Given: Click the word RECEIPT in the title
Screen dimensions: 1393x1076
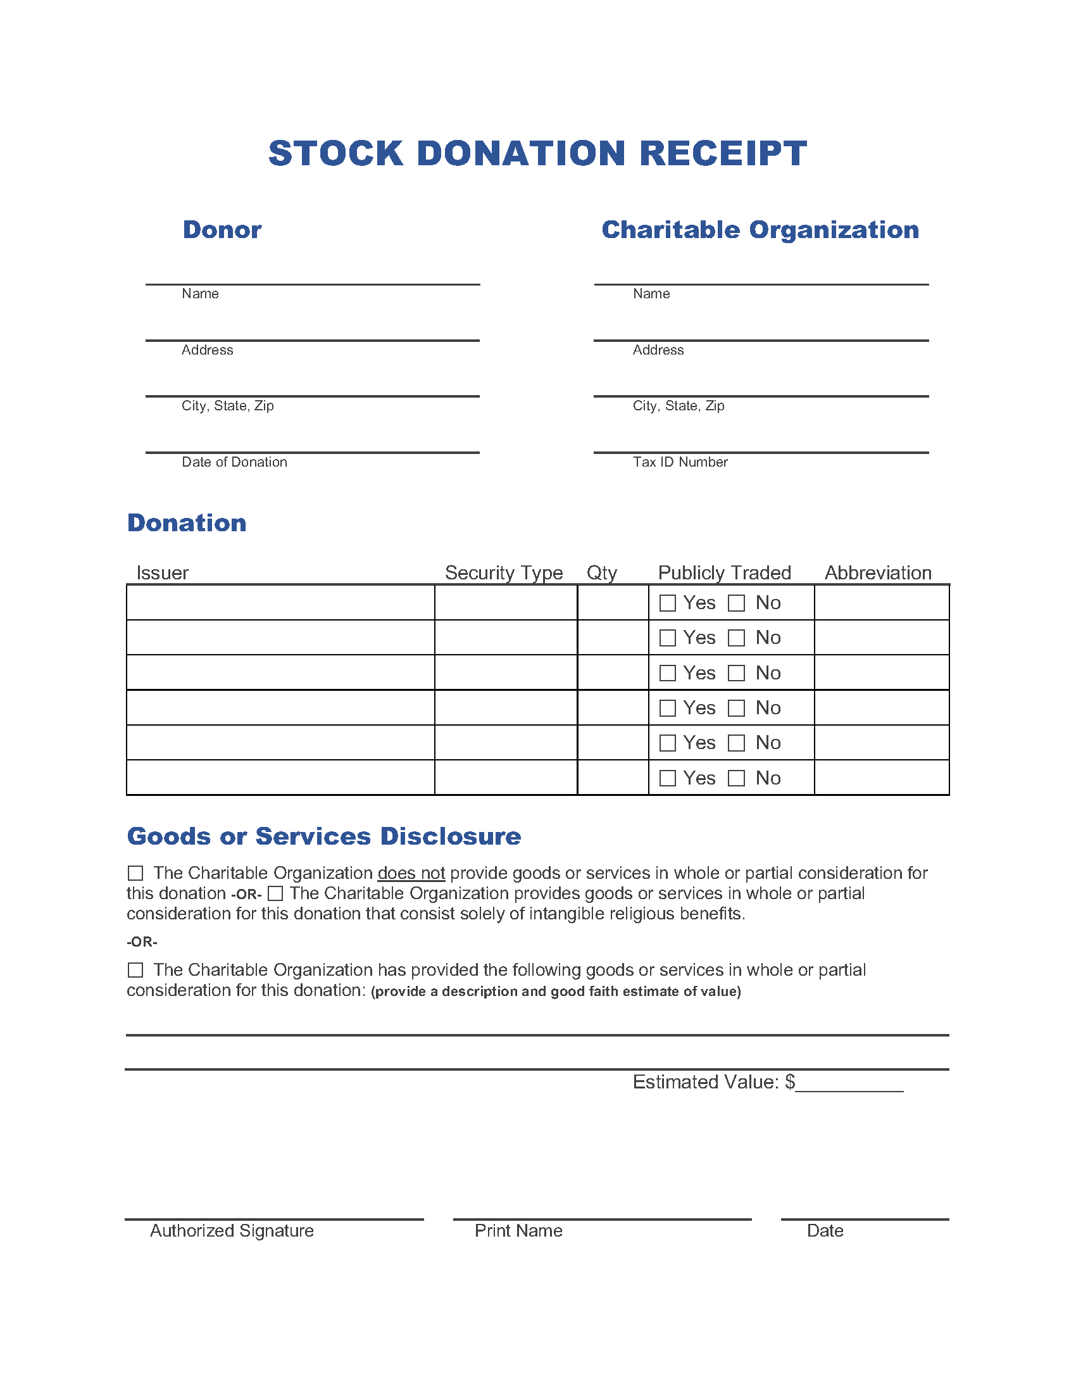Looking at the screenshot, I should (x=723, y=154).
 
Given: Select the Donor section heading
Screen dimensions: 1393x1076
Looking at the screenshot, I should (x=222, y=230).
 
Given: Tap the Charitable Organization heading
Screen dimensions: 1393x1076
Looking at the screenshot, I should (x=760, y=230).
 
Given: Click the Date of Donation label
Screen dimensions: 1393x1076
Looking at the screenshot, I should (x=234, y=462).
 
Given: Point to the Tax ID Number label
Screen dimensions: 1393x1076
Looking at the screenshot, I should (x=680, y=462).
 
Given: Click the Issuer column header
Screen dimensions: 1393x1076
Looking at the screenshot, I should (x=163, y=573).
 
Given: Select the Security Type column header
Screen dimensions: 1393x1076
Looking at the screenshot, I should (x=504, y=573).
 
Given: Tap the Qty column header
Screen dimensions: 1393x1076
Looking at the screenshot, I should (x=601, y=573).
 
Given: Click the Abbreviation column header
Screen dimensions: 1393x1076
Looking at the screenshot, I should (x=878, y=573).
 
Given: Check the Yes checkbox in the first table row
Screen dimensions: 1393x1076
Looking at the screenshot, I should (x=667, y=603).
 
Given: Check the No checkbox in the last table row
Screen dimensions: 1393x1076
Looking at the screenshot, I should (x=736, y=778).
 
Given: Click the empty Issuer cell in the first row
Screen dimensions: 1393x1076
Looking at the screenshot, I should (x=280, y=603).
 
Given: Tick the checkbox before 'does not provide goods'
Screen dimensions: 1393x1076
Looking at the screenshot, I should (x=135, y=873).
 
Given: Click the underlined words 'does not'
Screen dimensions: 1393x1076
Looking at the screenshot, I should (x=411, y=873).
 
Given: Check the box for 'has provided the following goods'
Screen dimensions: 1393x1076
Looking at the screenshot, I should (x=135, y=970).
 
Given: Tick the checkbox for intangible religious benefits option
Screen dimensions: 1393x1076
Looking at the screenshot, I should (x=275, y=893).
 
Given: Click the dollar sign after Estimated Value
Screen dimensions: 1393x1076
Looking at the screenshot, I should (x=790, y=1081).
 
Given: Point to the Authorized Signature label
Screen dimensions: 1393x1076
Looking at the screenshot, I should (x=232, y=1230).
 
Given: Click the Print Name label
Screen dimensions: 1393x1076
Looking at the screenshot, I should (x=518, y=1230).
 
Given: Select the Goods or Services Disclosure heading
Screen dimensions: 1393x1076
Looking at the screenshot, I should (x=324, y=836).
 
